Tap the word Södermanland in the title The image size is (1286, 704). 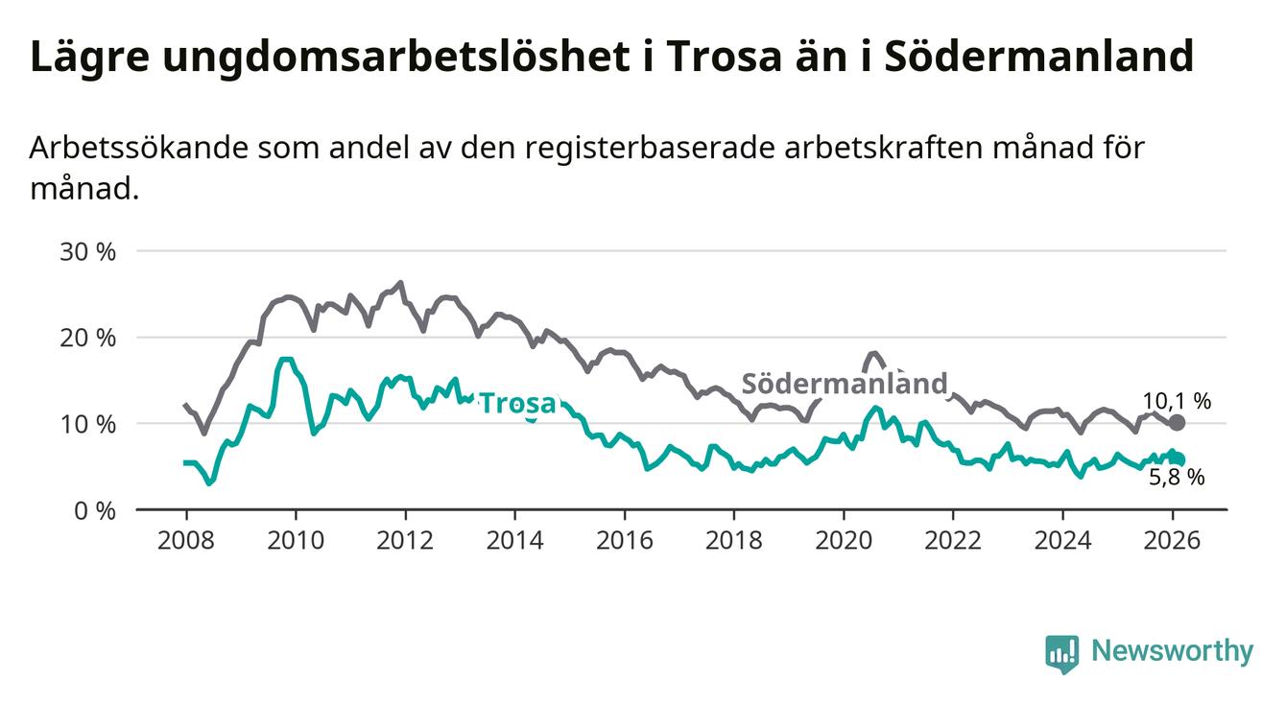1037,57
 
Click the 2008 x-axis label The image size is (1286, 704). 185,540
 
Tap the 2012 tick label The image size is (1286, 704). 405,540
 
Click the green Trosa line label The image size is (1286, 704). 517,404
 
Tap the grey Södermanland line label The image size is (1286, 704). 845,384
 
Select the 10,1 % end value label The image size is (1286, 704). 1177,401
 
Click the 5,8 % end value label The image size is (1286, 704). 1177,477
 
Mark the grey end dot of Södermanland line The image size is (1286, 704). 1178,423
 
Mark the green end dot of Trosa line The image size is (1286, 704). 1178,459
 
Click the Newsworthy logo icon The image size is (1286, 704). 1062,653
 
